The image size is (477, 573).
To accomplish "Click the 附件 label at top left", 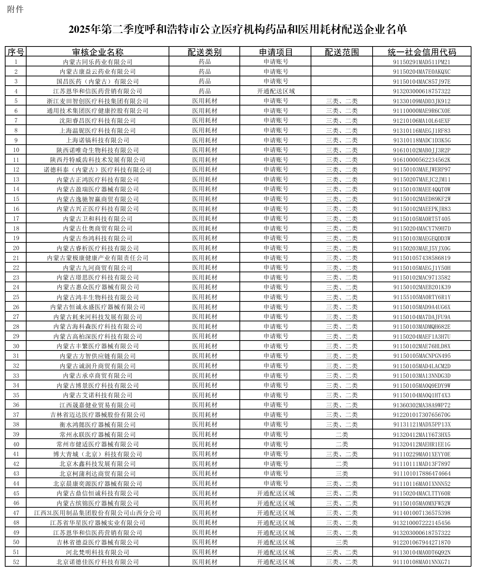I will (x=15, y=10).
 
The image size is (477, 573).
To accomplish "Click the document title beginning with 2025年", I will (x=238, y=30).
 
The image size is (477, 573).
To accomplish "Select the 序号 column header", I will (x=15, y=52).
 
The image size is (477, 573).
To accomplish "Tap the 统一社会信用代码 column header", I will (x=421, y=52).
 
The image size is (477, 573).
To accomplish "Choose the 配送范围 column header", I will (x=342, y=52).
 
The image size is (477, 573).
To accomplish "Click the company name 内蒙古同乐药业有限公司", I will (x=97, y=62).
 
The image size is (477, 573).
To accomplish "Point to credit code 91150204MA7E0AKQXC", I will (x=421, y=72).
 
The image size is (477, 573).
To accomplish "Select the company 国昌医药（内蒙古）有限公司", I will (x=97, y=82).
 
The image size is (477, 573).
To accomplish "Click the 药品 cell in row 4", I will (x=205, y=91).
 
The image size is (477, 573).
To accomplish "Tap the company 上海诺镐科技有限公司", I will (x=97, y=140).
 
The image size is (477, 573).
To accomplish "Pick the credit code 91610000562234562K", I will (x=421, y=160).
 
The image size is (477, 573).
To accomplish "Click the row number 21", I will (x=15, y=258).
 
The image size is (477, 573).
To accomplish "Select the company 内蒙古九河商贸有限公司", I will (x=97, y=268).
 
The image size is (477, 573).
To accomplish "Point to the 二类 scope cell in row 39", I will (x=342, y=434).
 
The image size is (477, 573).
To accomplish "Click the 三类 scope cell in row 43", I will (x=342, y=474).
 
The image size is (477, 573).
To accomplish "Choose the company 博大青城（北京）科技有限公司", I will (x=97, y=454).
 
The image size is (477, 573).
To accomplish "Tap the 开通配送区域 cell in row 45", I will (x=276, y=493).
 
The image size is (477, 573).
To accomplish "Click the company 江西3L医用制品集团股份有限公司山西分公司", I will (x=97, y=513).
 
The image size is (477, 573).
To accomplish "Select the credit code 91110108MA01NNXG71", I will (x=421, y=562).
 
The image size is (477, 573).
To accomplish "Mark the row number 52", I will (x=15, y=562).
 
